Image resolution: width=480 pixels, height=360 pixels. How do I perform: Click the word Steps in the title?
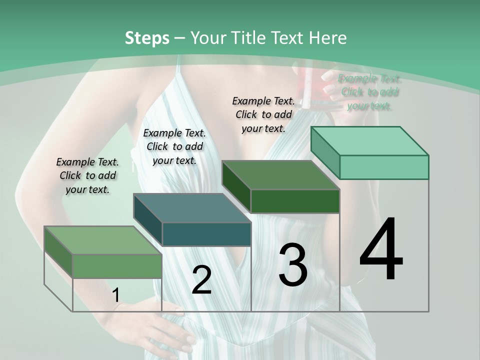147,38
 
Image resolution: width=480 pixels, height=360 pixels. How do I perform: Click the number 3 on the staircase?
292,265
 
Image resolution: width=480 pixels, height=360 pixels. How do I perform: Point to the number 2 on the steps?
201,280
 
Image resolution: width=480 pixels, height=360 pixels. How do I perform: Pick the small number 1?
116,295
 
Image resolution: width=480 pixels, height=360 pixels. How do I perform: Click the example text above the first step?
88,175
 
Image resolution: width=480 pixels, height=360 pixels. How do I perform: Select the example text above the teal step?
174,146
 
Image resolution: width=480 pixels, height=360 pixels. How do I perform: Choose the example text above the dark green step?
263,114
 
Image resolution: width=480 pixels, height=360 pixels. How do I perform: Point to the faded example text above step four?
369,92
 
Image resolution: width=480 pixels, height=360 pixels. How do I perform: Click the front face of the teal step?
206,234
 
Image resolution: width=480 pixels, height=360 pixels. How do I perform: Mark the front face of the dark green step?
295,201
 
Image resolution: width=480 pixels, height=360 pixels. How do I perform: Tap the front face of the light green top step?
384,167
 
